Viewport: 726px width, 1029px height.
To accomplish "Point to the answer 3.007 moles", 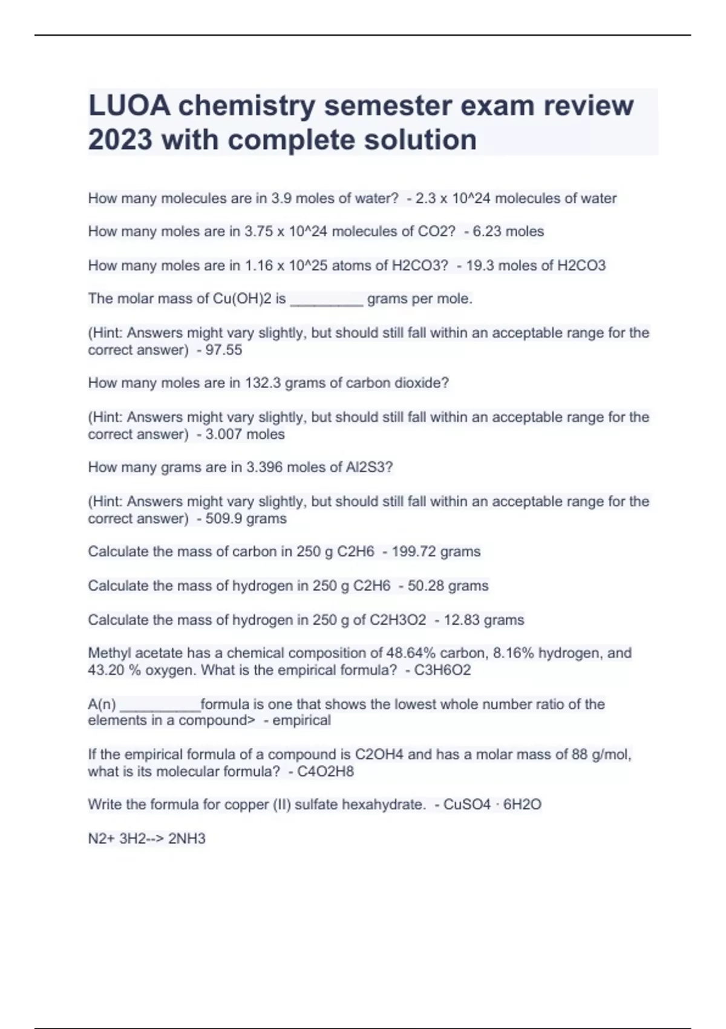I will (x=244, y=435).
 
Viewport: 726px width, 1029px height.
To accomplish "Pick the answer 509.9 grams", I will (x=246, y=519).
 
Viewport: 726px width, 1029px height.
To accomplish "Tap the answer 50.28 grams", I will (x=448, y=586).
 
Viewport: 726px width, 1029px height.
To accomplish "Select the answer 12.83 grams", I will (x=483, y=620).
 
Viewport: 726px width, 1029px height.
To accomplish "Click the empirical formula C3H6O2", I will (x=442, y=671).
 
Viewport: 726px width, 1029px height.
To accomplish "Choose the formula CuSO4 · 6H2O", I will (x=492, y=805).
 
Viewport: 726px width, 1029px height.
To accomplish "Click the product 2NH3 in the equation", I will (x=187, y=839).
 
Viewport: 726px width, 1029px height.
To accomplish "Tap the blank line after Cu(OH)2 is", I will (x=327, y=301).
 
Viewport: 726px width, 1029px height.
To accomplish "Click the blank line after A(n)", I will (x=160, y=706).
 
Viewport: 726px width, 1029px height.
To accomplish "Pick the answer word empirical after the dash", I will (x=301, y=721).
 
